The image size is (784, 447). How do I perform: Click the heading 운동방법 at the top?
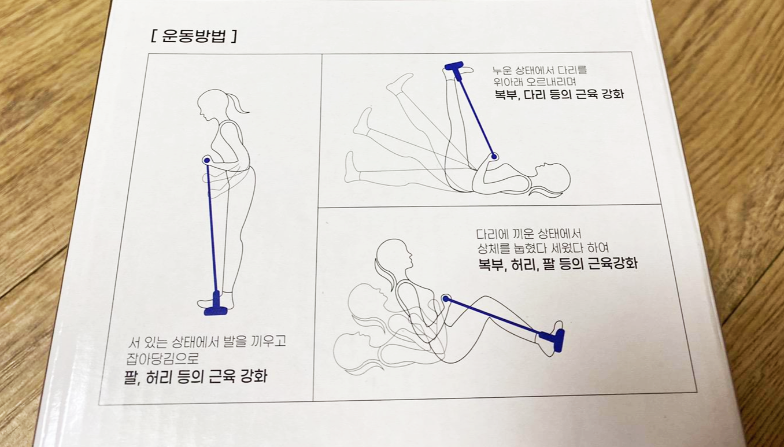[194, 36]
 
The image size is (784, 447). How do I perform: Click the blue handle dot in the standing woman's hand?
[207, 160]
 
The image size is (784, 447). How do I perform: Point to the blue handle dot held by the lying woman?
[494, 157]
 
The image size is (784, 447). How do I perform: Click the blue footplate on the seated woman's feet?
[554, 339]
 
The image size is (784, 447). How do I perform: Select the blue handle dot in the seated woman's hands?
[446, 298]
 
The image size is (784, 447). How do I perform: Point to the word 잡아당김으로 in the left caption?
[162, 359]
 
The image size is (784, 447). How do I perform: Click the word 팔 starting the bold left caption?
[130, 377]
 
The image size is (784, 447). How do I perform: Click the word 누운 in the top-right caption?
[502, 71]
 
